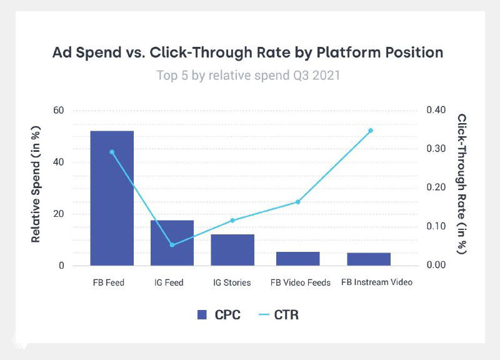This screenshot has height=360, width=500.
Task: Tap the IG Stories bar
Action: pos(232,249)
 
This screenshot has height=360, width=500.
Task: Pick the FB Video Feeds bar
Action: pos(298,259)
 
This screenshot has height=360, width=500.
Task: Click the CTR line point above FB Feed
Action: pos(112,152)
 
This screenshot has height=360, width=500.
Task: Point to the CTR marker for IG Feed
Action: pos(172,244)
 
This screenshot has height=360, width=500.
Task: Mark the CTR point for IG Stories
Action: pos(232,220)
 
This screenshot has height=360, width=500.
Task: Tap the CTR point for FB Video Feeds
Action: pos(298,202)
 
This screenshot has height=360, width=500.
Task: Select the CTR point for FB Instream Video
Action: pos(371,131)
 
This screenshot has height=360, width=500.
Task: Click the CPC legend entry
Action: pos(218,314)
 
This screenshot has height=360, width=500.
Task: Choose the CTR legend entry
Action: pos(277,314)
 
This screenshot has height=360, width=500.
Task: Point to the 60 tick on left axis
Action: pos(59,111)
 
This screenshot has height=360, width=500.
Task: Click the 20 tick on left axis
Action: pos(59,214)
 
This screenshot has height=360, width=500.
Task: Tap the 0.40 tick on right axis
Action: pos(436,111)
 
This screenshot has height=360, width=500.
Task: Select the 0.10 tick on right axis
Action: pos(436,226)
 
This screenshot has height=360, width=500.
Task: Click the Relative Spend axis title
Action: pos(36,188)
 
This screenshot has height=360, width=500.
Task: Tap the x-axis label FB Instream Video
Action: pos(377,282)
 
